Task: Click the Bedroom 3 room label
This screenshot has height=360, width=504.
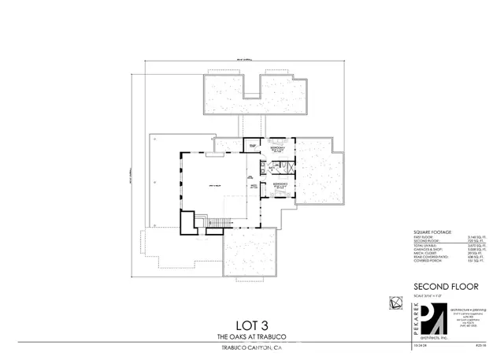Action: [276, 149]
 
